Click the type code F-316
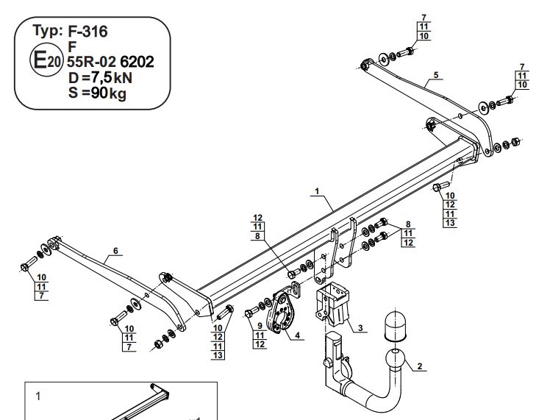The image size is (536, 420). pos(87,31)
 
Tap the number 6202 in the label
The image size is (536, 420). pos(137,62)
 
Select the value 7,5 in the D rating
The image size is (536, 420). pos(101,77)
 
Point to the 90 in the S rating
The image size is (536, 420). pos(99,93)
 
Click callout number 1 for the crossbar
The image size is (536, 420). pos(317,191)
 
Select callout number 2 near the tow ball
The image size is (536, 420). pos(420,366)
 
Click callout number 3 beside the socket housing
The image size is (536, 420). pos(360,328)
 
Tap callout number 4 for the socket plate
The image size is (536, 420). pos(297,335)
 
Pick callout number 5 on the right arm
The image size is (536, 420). pos(436,75)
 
